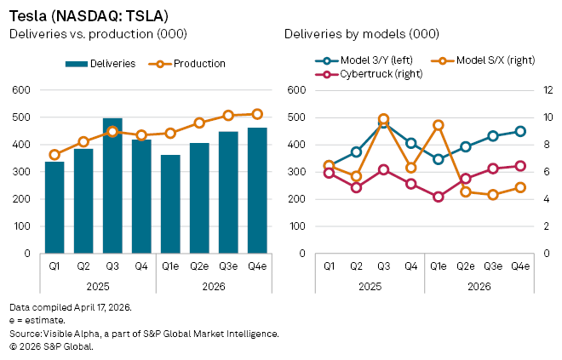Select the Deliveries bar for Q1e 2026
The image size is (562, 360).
170,204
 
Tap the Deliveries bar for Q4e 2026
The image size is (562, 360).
257,191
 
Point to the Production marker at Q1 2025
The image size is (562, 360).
54,155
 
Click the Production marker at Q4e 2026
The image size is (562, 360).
257,114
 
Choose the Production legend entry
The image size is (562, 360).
186,64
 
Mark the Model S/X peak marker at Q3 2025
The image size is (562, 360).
384,120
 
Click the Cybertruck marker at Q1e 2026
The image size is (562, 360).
439,197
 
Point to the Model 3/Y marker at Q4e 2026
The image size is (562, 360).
520,131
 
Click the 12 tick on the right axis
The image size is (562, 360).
549,90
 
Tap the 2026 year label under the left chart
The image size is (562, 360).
214,286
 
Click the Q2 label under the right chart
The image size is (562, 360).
357,266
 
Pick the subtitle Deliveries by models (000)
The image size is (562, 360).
363,34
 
